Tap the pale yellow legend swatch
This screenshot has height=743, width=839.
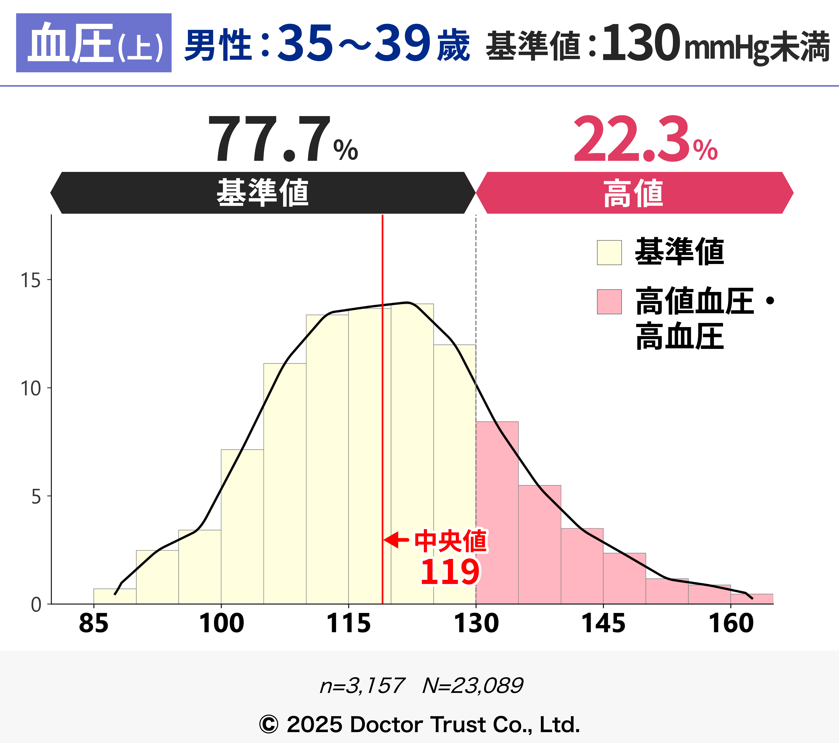pos(609,252)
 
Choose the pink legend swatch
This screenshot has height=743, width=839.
pos(609,302)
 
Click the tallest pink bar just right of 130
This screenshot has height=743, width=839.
pos(497,513)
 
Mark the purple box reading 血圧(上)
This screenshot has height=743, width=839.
pos(94,43)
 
